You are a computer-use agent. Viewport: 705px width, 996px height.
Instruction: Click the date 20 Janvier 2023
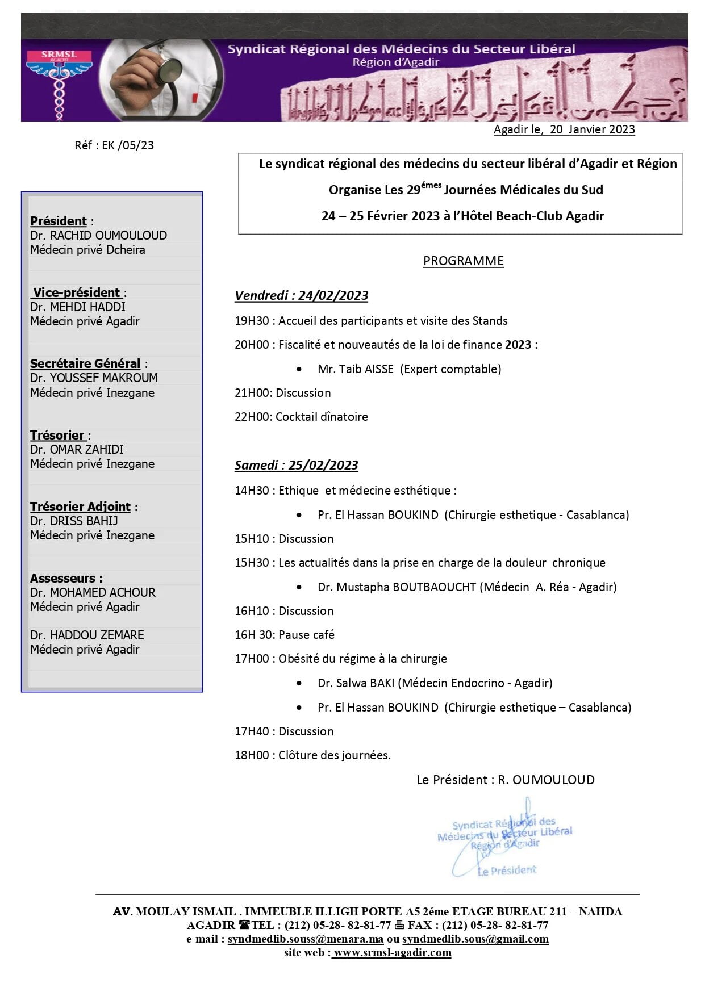pyautogui.click(x=592, y=129)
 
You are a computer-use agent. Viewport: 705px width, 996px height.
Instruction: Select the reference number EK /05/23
pyautogui.click(x=128, y=145)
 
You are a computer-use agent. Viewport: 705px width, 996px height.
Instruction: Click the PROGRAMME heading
pyautogui.click(x=463, y=261)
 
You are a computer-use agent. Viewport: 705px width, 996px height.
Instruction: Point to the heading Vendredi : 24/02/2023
pyautogui.click(x=301, y=295)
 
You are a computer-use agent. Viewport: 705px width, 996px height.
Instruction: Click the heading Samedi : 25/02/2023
pyautogui.click(x=296, y=465)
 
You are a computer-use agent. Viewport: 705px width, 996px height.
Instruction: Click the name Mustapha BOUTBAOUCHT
pyautogui.click(x=406, y=587)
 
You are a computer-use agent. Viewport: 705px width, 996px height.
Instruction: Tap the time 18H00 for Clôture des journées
pyautogui.click(x=252, y=755)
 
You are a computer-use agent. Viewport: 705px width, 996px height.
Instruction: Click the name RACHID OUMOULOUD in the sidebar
pyautogui.click(x=109, y=236)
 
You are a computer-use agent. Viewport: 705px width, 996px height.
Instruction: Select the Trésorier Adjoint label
pyautogui.click(x=80, y=507)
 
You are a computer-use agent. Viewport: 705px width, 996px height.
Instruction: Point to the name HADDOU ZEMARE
pyautogui.click(x=97, y=635)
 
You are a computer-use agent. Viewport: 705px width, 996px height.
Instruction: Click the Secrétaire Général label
pyautogui.click(x=85, y=363)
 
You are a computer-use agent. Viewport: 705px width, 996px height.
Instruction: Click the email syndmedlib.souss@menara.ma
pyautogui.click(x=306, y=939)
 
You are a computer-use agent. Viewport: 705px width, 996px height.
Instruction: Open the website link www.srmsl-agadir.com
pyautogui.click(x=392, y=952)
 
